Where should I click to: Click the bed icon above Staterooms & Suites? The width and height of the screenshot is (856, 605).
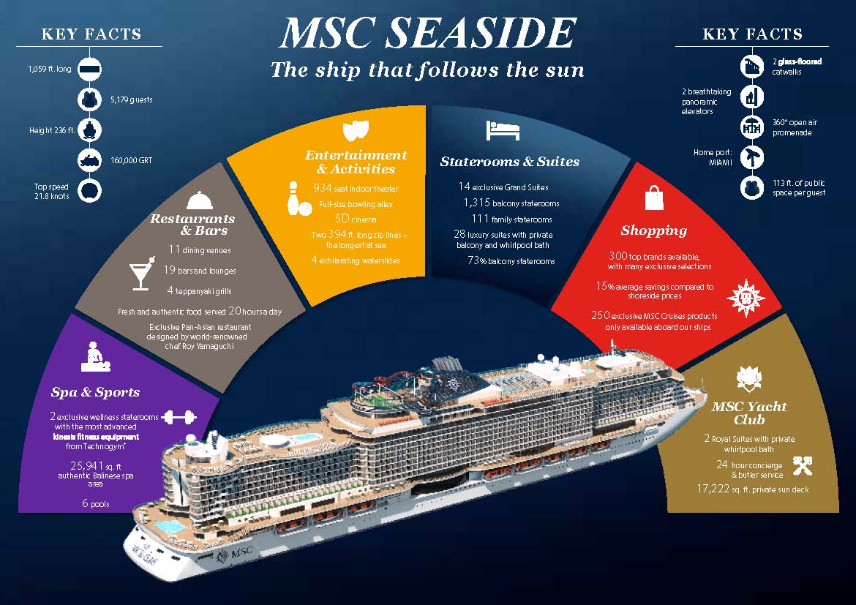(x=502, y=131)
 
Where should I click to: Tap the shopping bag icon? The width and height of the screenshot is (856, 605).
(x=654, y=198)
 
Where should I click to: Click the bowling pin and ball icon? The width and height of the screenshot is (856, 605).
(x=298, y=198)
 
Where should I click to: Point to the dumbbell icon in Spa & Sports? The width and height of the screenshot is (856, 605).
(x=179, y=417)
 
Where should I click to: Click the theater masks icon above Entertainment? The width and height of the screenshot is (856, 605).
(x=356, y=131)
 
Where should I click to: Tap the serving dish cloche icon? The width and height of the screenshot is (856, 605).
(x=200, y=200)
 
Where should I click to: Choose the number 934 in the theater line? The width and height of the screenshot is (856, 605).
(x=323, y=188)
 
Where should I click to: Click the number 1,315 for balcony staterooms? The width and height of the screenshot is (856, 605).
(x=476, y=203)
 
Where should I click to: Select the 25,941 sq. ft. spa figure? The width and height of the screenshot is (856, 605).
(x=87, y=466)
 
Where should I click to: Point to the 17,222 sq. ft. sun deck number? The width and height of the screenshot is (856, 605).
(x=713, y=489)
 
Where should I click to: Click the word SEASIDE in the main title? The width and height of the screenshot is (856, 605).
(x=481, y=34)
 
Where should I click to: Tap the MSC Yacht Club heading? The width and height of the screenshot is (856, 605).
(x=749, y=413)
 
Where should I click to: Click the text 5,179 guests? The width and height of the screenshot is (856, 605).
(x=132, y=99)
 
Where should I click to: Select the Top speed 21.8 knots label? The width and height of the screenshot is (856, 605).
(x=51, y=191)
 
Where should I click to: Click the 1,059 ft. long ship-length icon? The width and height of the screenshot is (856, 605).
(x=89, y=69)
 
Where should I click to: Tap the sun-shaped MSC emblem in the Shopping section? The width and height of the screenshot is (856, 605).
(x=746, y=298)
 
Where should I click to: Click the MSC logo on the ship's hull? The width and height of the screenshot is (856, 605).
(x=235, y=554)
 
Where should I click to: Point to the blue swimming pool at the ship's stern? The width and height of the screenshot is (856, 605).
(x=169, y=527)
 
